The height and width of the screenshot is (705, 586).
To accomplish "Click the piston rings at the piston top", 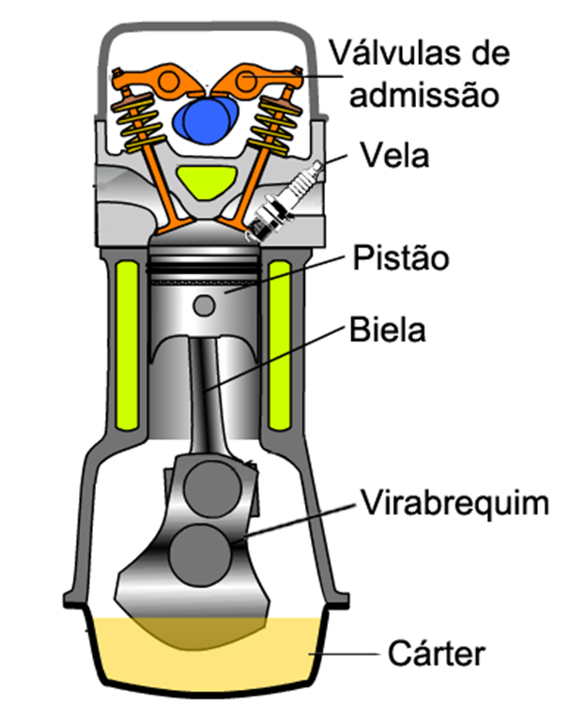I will [206, 268].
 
